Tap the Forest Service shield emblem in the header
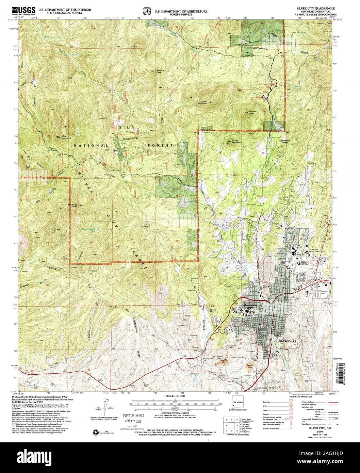[147, 11]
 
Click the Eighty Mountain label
[203, 102]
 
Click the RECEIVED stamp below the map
[134, 415]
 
